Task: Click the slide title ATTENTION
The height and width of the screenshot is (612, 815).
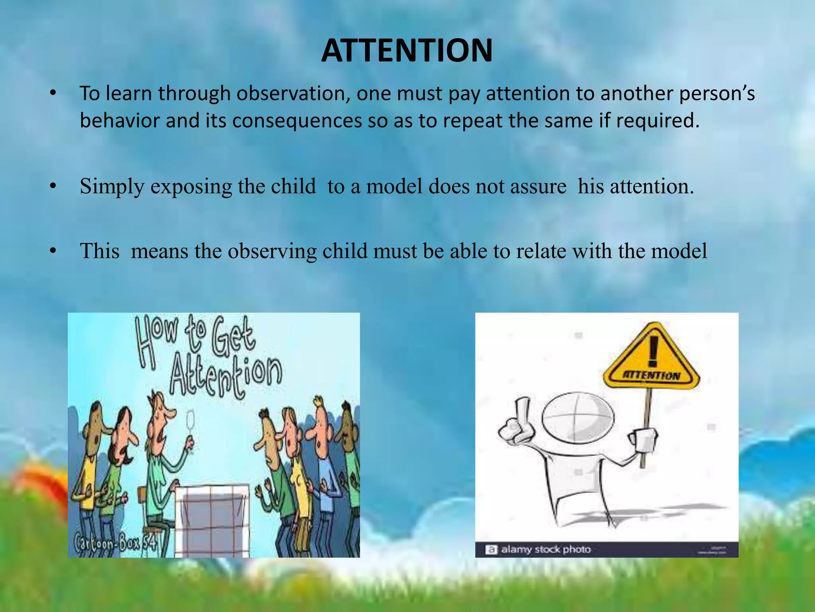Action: click(407, 51)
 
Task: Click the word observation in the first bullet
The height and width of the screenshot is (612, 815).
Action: click(293, 94)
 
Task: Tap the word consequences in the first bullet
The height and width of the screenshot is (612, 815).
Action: click(296, 121)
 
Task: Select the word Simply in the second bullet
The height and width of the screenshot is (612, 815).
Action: click(112, 186)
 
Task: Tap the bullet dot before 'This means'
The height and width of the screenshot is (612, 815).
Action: click(53, 251)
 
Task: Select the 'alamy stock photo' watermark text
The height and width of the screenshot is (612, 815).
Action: click(546, 549)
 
